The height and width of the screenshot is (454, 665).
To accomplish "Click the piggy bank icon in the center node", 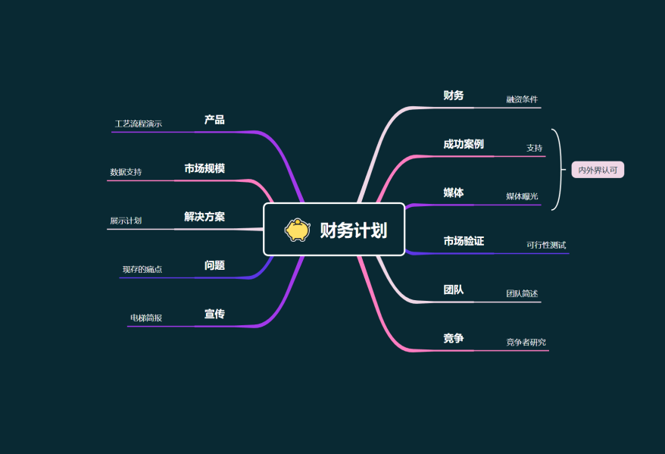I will click(x=298, y=230).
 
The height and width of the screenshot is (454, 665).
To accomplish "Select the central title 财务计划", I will click(x=353, y=230).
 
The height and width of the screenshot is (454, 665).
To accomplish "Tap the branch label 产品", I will click(x=214, y=120).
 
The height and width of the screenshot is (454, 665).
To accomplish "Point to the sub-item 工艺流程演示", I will click(x=139, y=124).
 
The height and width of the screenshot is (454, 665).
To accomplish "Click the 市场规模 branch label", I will click(x=204, y=168).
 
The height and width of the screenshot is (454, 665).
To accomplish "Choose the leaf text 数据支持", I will click(x=126, y=172).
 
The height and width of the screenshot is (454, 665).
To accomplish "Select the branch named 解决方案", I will click(x=204, y=217).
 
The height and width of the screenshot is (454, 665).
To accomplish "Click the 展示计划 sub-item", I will click(x=126, y=221).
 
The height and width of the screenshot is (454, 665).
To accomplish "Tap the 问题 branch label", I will click(x=214, y=265).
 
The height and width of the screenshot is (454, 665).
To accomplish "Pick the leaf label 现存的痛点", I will click(x=142, y=269).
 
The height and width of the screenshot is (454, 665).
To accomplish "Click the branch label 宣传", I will click(x=214, y=314).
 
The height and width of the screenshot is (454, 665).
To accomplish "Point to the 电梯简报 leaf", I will click(x=146, y=318).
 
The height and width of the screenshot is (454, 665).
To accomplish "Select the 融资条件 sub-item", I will click(x=522, y=99).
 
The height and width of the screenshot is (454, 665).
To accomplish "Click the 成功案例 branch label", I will click(x=464, y=144).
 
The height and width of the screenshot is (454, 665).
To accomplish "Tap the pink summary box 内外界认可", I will click(x=598, y=171).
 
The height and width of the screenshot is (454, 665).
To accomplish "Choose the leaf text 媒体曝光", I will click(x=522, y=196).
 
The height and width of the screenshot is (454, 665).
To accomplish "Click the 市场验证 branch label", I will click(x=464, y=241).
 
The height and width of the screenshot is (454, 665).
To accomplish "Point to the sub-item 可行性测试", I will click(x=546, y=245).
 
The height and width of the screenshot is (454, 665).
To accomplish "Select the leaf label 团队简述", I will click(x=522, y=293).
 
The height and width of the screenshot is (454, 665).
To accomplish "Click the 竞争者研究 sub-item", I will click(x=526, y=343).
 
